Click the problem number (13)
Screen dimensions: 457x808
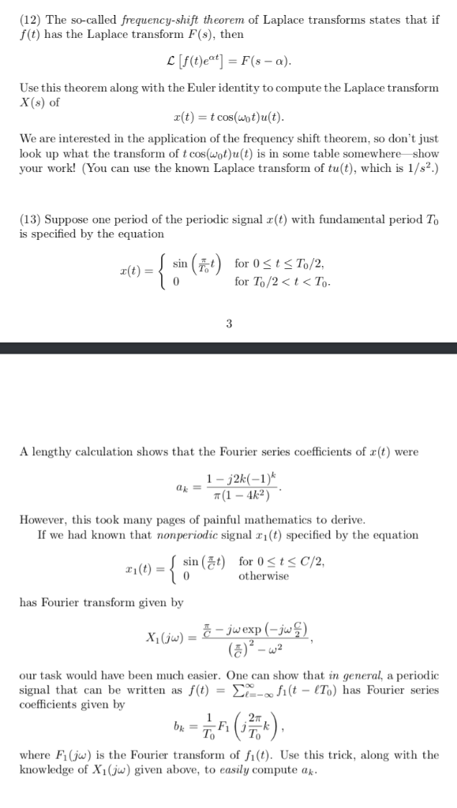32,219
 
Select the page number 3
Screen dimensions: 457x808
228,322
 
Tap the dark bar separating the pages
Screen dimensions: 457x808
228,348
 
